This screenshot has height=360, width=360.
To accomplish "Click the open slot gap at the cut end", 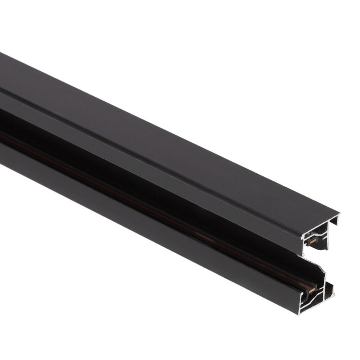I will point(317,262).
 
